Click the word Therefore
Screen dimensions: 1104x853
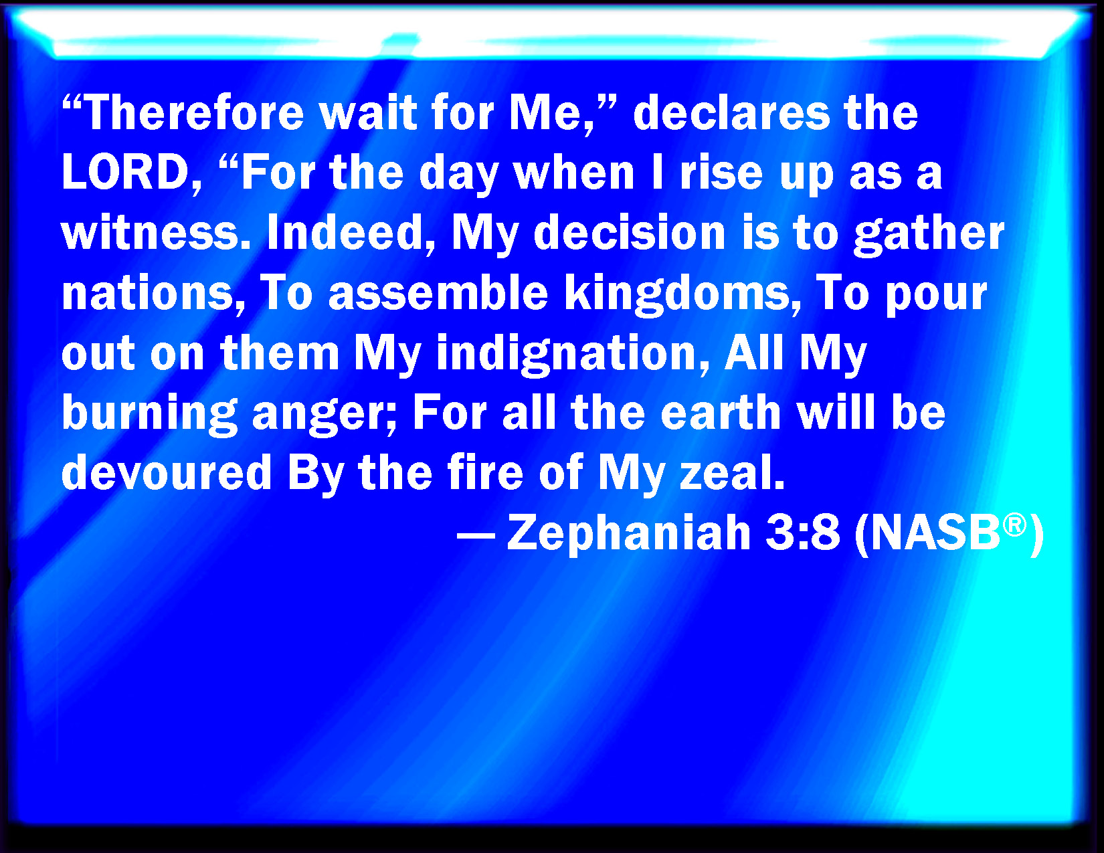[x=195, y=112]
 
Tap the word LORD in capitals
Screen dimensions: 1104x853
[x=126, y=172]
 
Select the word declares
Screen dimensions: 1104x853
[x=731, y=112]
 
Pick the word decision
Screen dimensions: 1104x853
[x=630, y=232]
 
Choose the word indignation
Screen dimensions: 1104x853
[x=565, y=354]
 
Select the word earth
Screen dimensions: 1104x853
[x=721, y=412]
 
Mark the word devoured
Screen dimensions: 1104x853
[x=167, y=472]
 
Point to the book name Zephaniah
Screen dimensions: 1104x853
[x=629, y=533]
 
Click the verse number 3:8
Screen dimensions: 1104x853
[x=803, y=532]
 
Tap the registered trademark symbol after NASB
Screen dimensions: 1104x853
[x=1014, y=525]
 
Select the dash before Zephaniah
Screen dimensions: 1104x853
[x=476, y=535]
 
